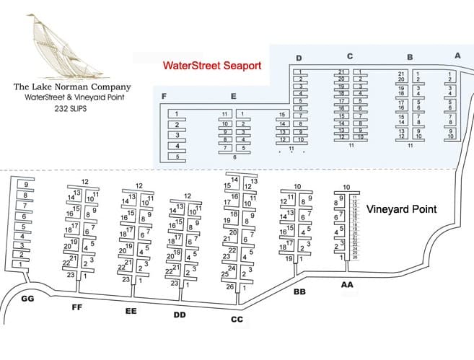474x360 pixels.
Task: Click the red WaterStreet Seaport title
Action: pyautogui.click(x=211, y=66)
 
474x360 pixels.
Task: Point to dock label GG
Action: pyautogui.click(x=28, y=299)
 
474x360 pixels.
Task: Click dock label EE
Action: pyautogui.click(x=131, y=311)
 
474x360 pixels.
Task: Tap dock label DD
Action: pyautogui.click(x=180, y=315)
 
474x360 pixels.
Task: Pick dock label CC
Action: pyautogui.click(x=236, y=319)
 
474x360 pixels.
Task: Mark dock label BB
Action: pyautogui.click(x=301, y=292)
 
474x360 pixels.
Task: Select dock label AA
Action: pyautogui.click(x=348, y=285)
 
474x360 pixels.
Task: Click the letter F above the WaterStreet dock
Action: pyautogui.click(x=165, y=96)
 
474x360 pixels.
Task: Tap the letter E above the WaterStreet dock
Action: pyautogui.click(x=233, y=96)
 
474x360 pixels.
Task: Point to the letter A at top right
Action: pyautogui.click(x=457, y=56)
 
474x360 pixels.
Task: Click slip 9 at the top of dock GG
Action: pyautogui.click(x=26, y=184)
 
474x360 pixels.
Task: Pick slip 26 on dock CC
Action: pyautogui.click(x=229, y=287)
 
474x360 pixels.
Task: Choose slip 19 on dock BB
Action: pyautogui.click(x=288, y=258)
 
